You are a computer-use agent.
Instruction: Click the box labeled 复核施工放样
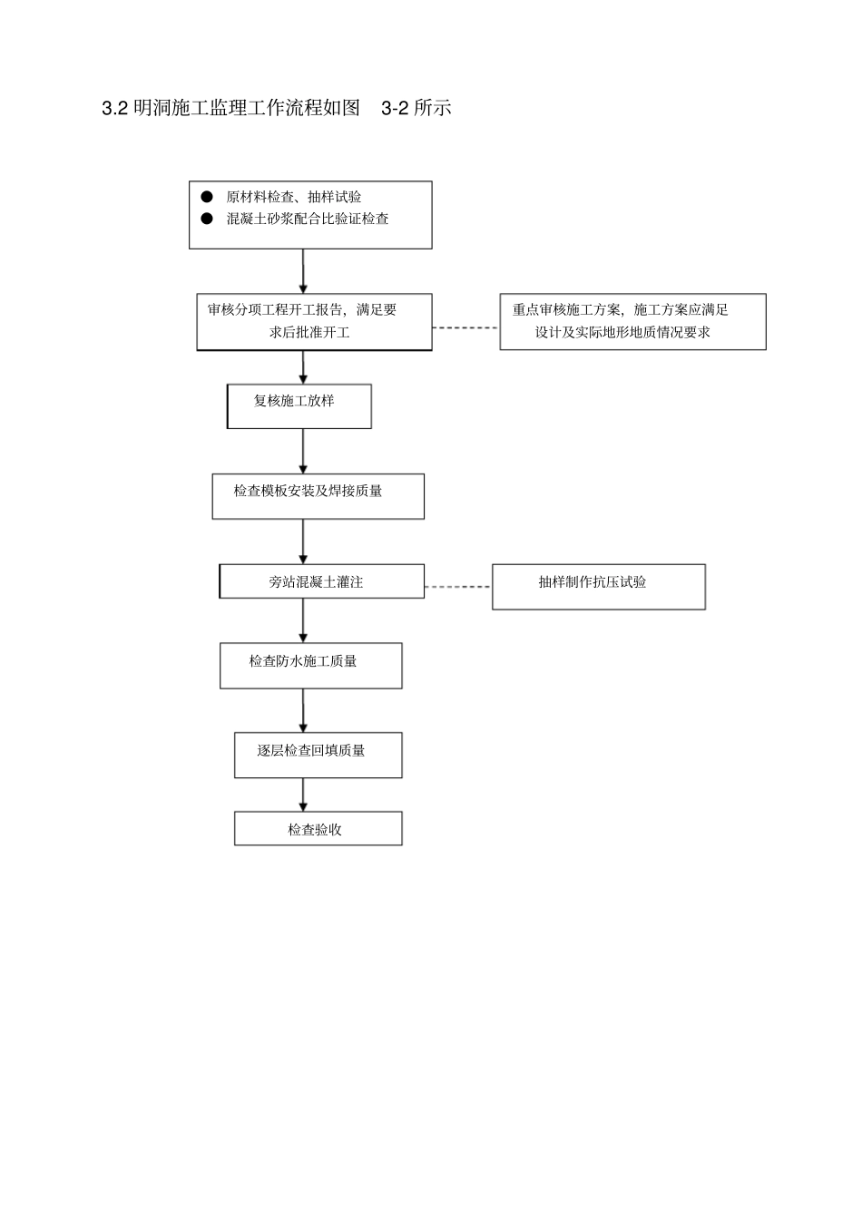coord(299,406)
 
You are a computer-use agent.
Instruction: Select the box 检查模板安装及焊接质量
coord(318,496)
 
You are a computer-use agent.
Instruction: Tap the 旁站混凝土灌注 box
coord(321,581)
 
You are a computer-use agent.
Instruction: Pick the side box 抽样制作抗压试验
coord(598,587)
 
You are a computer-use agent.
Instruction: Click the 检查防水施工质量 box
coord(310,666)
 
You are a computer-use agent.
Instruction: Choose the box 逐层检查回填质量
coord(318,755)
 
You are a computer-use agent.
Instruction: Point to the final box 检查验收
coord(318,829)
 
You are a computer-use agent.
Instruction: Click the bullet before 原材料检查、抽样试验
coord(207,197)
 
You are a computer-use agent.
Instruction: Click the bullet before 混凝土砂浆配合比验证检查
coord(207,219)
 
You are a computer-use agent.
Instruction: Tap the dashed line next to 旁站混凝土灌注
coord(457,587)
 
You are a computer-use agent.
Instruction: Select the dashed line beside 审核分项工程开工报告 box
coord(465,327)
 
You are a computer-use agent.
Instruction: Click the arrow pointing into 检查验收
coord(303,795)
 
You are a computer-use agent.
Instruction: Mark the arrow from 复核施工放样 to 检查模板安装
coord(303,451)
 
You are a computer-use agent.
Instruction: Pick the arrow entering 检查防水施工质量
coord(303,620)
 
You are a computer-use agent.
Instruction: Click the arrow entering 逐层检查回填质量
coord(303,710)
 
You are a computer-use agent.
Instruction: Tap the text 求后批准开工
coord(309,332)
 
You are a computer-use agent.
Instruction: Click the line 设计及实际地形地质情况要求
coord(622,332)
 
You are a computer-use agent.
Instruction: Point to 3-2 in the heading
coord(395,108)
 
